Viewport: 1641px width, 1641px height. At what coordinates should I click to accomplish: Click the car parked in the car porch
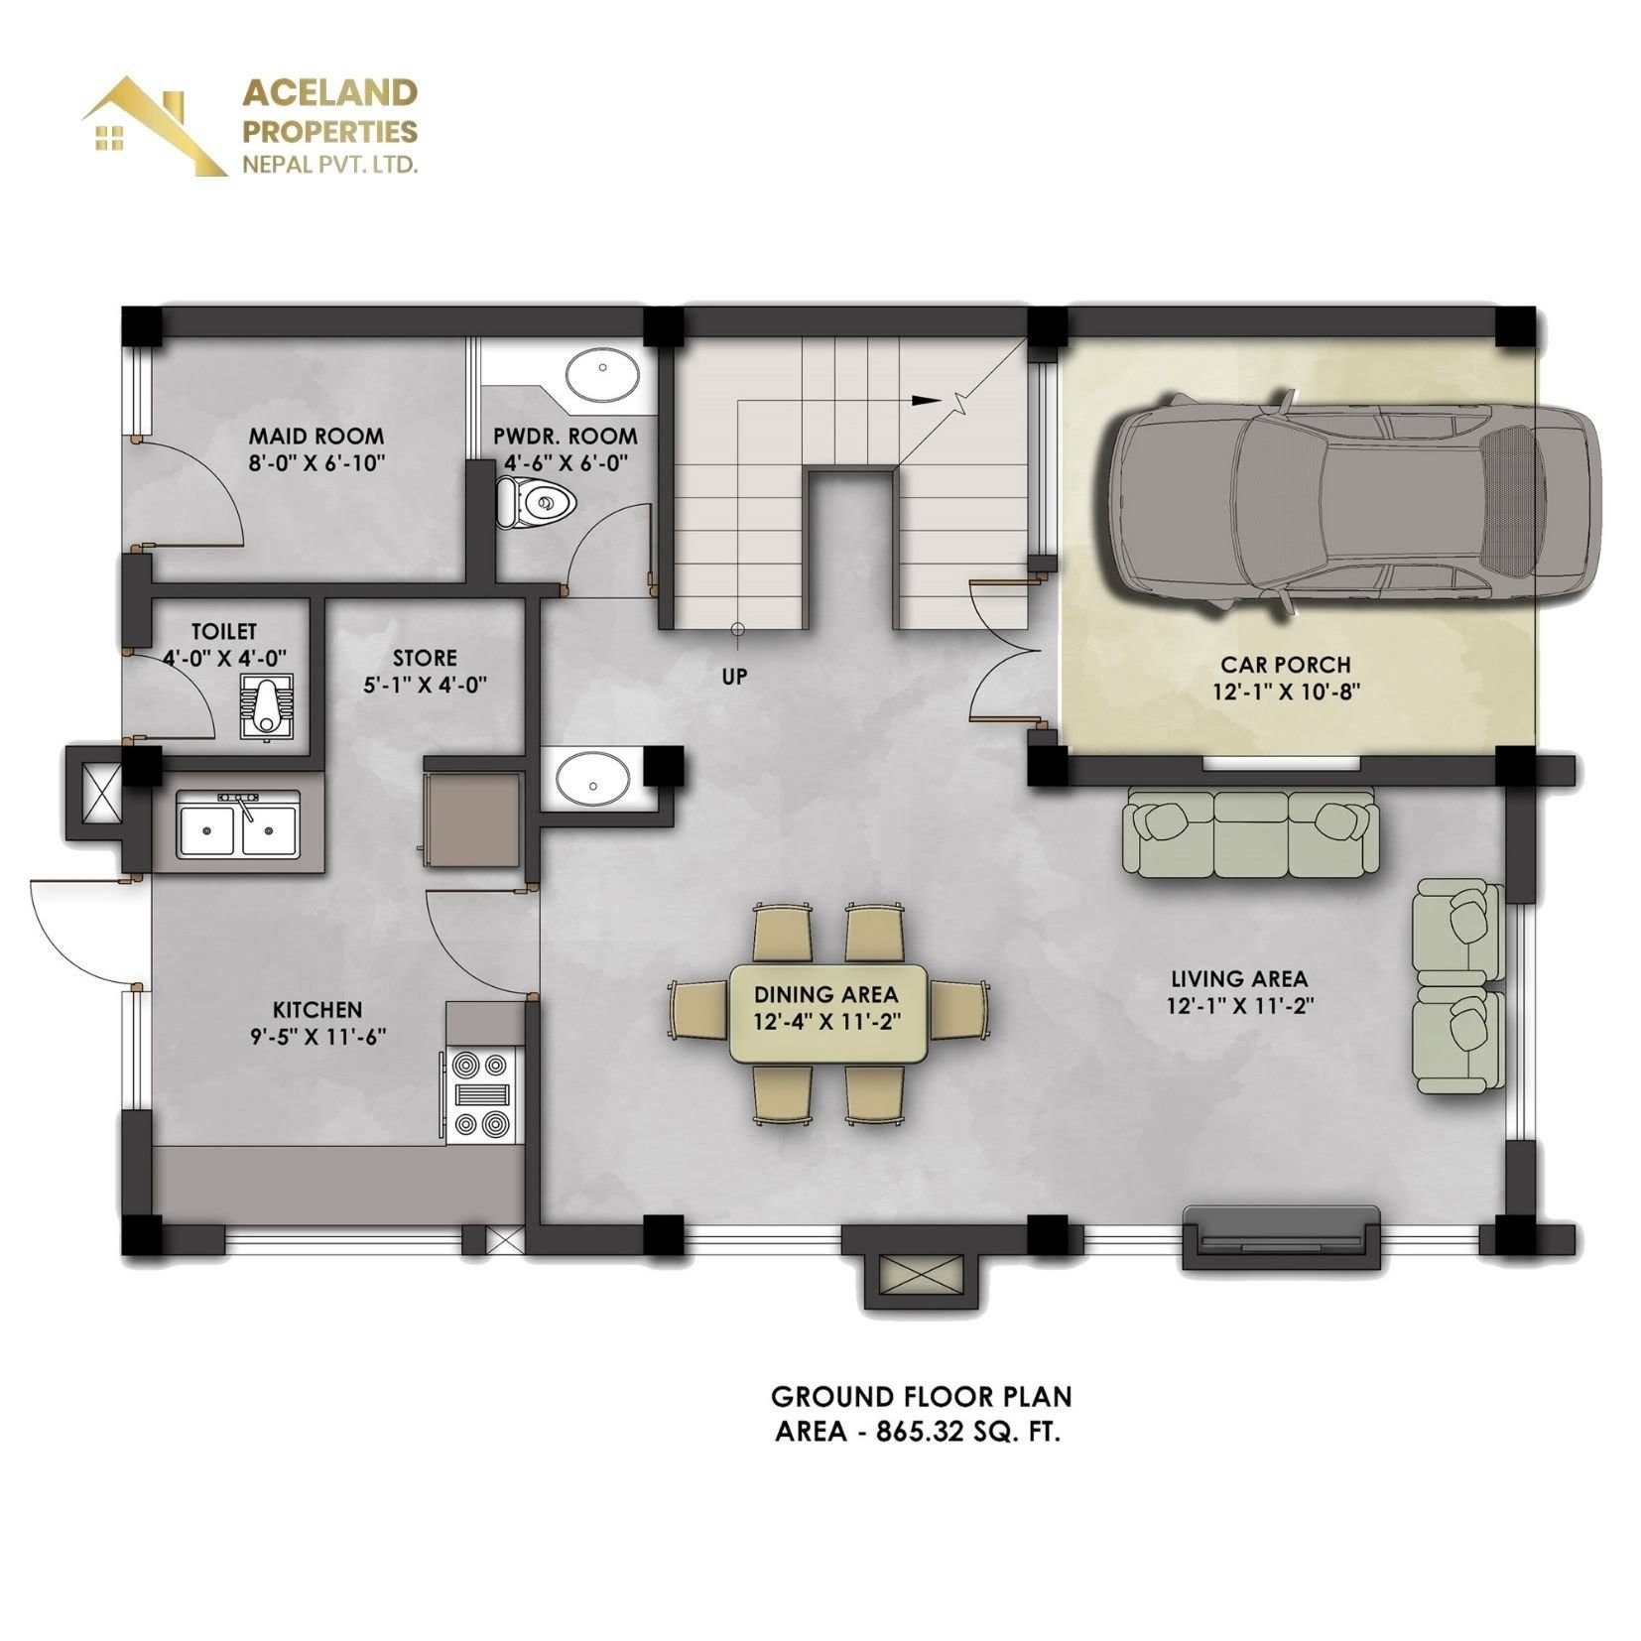[1353, 506]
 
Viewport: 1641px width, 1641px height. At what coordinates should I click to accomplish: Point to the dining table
[827, 1013]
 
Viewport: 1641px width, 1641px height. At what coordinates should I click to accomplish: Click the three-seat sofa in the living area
[1250, 832]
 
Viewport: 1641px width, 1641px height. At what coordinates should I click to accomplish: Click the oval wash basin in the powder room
[602, 375]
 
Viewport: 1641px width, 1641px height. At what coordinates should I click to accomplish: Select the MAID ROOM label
[316, 436]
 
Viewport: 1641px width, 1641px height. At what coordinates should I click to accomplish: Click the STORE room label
[425, 658]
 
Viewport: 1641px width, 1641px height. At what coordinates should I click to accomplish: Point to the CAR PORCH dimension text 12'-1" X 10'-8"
[1285, 692]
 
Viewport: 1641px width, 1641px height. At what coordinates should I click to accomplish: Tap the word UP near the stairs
[734, 677]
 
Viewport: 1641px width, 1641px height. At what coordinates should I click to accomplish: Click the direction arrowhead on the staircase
[925, 401]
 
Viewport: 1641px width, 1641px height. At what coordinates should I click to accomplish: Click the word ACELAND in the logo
[330, 92]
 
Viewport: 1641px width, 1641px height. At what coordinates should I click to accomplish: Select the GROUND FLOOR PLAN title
[921, 1397]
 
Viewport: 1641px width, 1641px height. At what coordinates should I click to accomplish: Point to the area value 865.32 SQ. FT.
[967, 1433]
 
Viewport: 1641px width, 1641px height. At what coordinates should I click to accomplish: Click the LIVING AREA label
[1239, 979]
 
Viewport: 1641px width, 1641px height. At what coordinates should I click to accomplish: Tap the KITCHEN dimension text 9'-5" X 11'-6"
[317, 1037]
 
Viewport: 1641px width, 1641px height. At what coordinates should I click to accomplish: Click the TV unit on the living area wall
[1280, 1237]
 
